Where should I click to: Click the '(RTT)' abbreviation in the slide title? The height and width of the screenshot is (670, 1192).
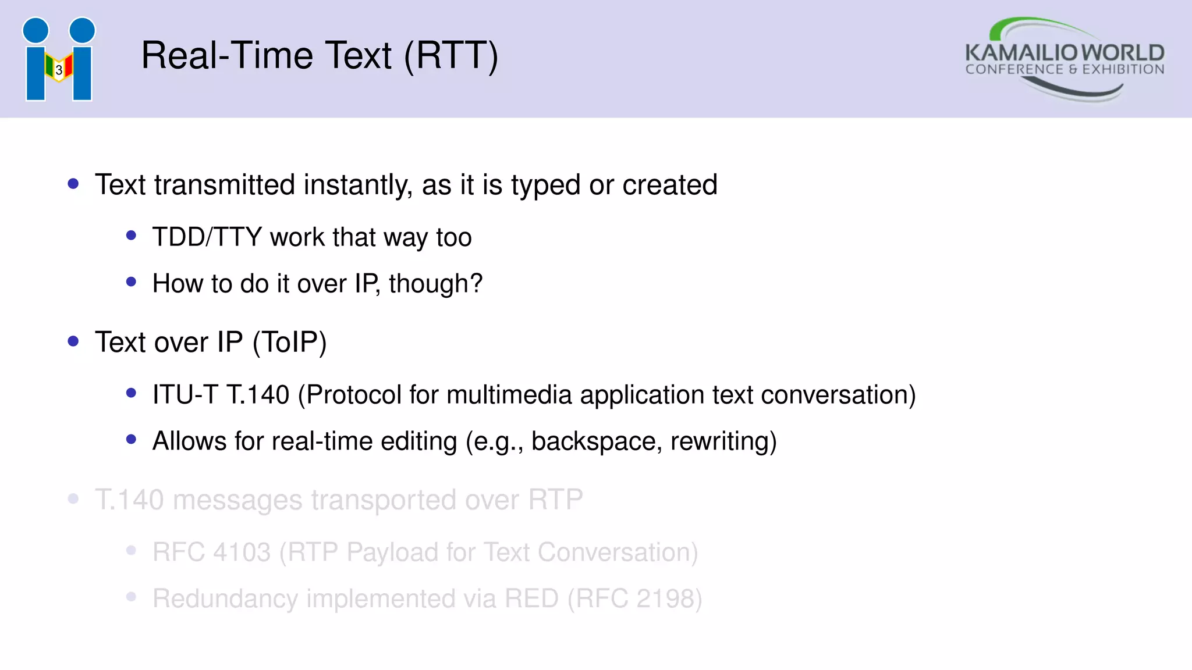[x=451, y=56]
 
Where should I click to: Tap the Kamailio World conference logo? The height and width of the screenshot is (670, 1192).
[x=1064, y=59]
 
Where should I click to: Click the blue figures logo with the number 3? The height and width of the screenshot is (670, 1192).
[x=59, y=59]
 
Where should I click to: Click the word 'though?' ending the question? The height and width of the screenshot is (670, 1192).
[x=435, y=284]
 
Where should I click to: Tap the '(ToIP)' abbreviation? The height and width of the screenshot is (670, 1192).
[x=289, y=342]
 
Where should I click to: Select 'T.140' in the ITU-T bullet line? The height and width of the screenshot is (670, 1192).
[x=258, y=395]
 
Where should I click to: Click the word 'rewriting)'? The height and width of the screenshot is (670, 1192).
[x=723, y=441]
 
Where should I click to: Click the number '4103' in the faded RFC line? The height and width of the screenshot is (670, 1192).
[x=242, y=552]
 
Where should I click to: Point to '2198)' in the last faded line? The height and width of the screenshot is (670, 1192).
[x=669, y=598]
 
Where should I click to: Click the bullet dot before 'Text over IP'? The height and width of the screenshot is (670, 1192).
[x=73, y=341]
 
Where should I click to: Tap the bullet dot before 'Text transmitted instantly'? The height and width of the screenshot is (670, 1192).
[x=73, y=184]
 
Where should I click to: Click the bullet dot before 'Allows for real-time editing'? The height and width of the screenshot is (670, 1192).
[x=131, y=440]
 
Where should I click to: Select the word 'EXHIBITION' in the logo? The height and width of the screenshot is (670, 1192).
[x=1123, y=70]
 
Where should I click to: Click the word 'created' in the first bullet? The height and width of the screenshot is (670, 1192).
[x=669, y=185]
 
